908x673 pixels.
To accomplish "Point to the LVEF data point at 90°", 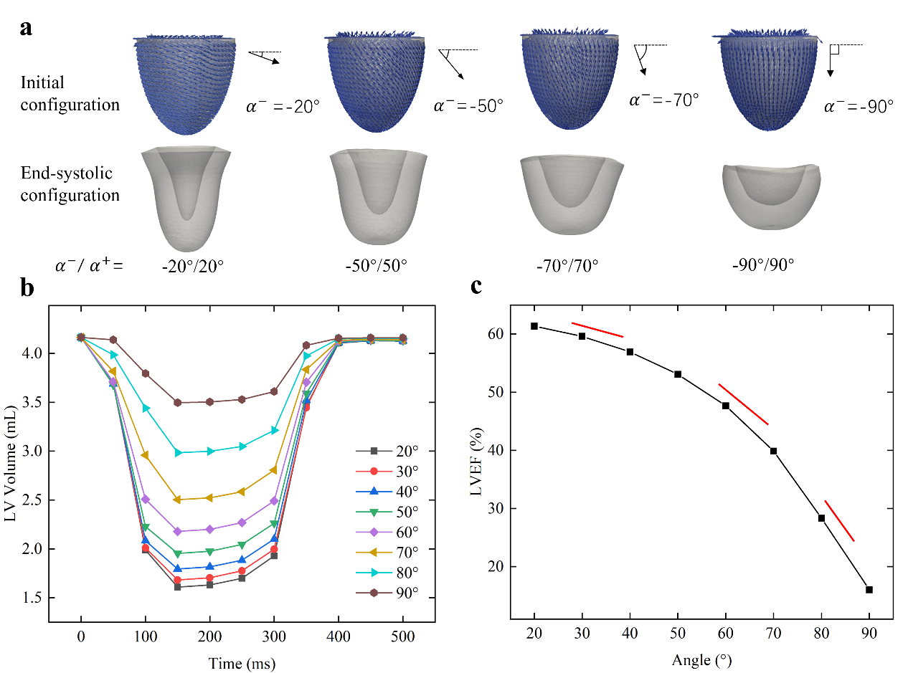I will pos(869,589).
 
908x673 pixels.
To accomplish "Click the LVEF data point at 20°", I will pos(534,326).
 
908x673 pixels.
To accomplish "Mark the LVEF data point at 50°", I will pos(678,374).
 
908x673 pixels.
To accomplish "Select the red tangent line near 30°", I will pos(597,330).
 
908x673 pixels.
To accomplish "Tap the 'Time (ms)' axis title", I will pos(242,663).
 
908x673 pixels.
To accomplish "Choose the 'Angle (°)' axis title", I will pos(701,659).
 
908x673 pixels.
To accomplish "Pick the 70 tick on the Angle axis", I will pos(773,636).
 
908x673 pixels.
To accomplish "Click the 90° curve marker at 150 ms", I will pos(177,403).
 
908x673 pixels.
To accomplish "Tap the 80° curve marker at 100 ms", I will pos(146,409).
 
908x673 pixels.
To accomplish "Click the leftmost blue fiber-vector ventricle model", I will pos(184,84).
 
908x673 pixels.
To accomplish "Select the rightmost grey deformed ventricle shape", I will pos(773,196).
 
